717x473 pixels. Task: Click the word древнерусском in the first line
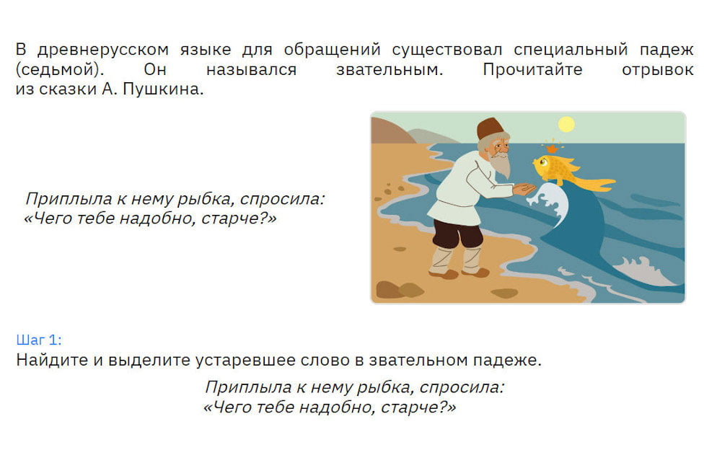[x=103, y=49]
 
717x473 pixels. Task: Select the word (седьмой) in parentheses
[x=60, y=69]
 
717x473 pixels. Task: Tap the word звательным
[x=390, y=69]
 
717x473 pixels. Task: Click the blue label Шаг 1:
[x=39, y=340]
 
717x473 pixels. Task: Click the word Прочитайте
[x=533, y=69]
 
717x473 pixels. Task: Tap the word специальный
[x=571, y=49]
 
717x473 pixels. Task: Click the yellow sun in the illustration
[x=566, y=124]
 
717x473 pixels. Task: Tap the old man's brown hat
[x=491, y=128]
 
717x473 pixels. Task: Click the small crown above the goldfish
[x=553, y=149]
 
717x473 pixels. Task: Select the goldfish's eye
[x=544, y=162]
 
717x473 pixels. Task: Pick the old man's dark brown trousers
[x=457, y=233]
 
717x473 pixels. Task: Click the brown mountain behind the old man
[x=389, y=131]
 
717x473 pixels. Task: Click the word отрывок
[x=658, y=69]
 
